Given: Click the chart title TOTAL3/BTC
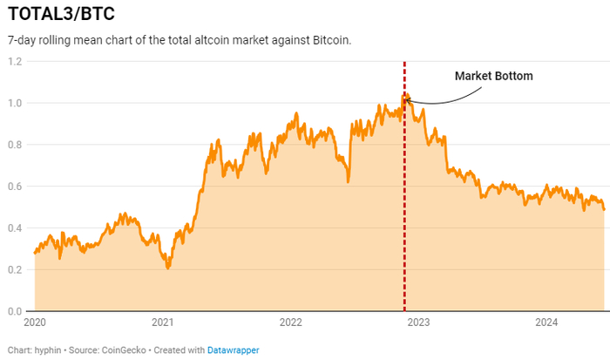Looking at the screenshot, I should tap(60, 15).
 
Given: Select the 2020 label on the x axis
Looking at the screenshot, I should tap(35, 323).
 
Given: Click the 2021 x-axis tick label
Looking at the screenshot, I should tap(163, 323).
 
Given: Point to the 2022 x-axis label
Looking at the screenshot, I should tap(291, 323).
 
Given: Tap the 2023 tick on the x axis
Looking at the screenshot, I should tap(419, 323).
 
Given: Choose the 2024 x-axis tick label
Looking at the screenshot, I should tap(546, 323).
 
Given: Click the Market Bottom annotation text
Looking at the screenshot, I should tap(493, 76).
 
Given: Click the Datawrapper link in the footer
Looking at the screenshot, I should tap(233, 350).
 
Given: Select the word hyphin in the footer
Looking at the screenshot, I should tap(48, 350).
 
